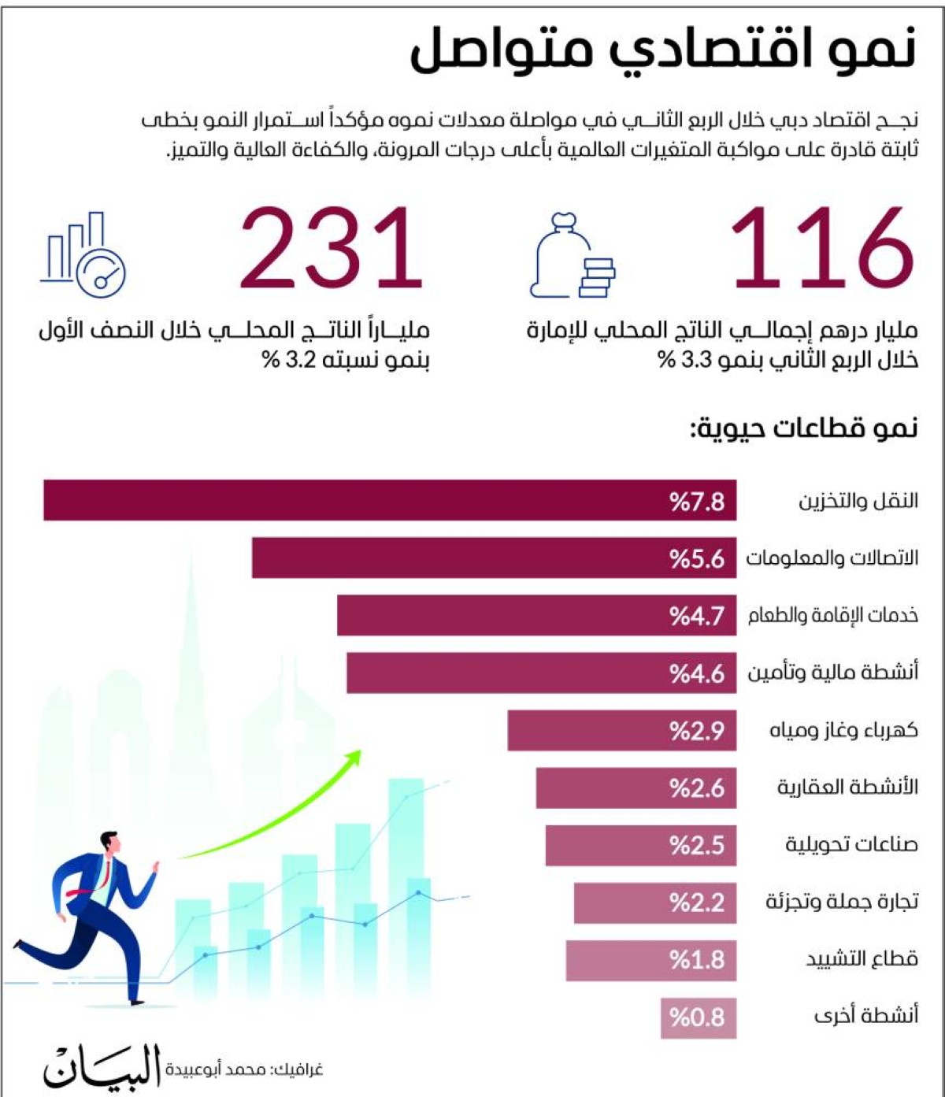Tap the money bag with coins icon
tap(571, 258)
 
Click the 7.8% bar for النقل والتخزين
tap(389, 500)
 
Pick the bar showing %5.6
tap(494, 558)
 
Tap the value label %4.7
tap(697, 615)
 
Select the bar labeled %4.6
tap(541, 673)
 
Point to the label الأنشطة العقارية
tap(847, 787)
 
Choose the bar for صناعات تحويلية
tap(640, 845)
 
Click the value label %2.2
tap(697, 902)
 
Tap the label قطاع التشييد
tap(862, 959)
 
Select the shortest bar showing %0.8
tap(698, 1017)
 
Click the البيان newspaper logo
tap(102, 1067)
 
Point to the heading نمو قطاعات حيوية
tap(804, 428)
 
